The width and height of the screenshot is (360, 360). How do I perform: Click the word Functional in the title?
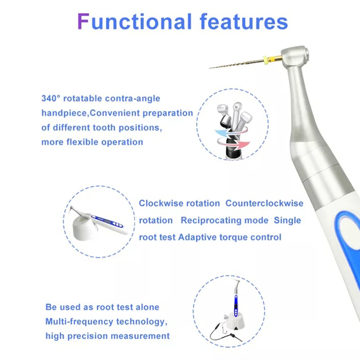point(135,22)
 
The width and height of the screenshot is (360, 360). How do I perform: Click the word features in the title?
point(244,22)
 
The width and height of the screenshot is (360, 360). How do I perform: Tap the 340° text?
point(51,98)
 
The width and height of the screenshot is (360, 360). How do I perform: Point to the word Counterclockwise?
point(264,203)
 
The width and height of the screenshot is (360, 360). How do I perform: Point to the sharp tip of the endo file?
point(210,68)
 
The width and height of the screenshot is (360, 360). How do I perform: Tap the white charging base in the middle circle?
point(84,229)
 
